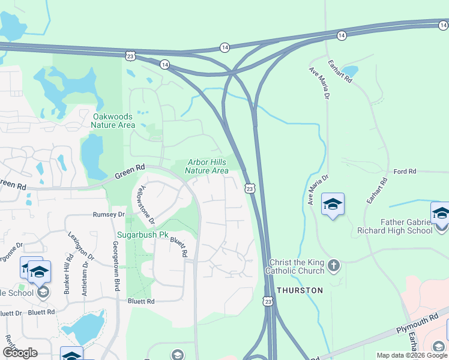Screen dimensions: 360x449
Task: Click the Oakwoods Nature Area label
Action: [113, 121]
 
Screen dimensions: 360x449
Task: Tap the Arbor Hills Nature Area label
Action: [207, 166]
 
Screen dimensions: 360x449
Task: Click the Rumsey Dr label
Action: [109, 214]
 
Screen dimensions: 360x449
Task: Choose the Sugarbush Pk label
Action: [143, 235]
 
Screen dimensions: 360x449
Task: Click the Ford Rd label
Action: [405, 172]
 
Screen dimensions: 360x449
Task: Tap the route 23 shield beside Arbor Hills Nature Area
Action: [250, 188]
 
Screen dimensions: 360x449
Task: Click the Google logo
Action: [20, 353]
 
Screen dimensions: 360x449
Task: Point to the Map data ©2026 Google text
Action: [412, 355]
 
